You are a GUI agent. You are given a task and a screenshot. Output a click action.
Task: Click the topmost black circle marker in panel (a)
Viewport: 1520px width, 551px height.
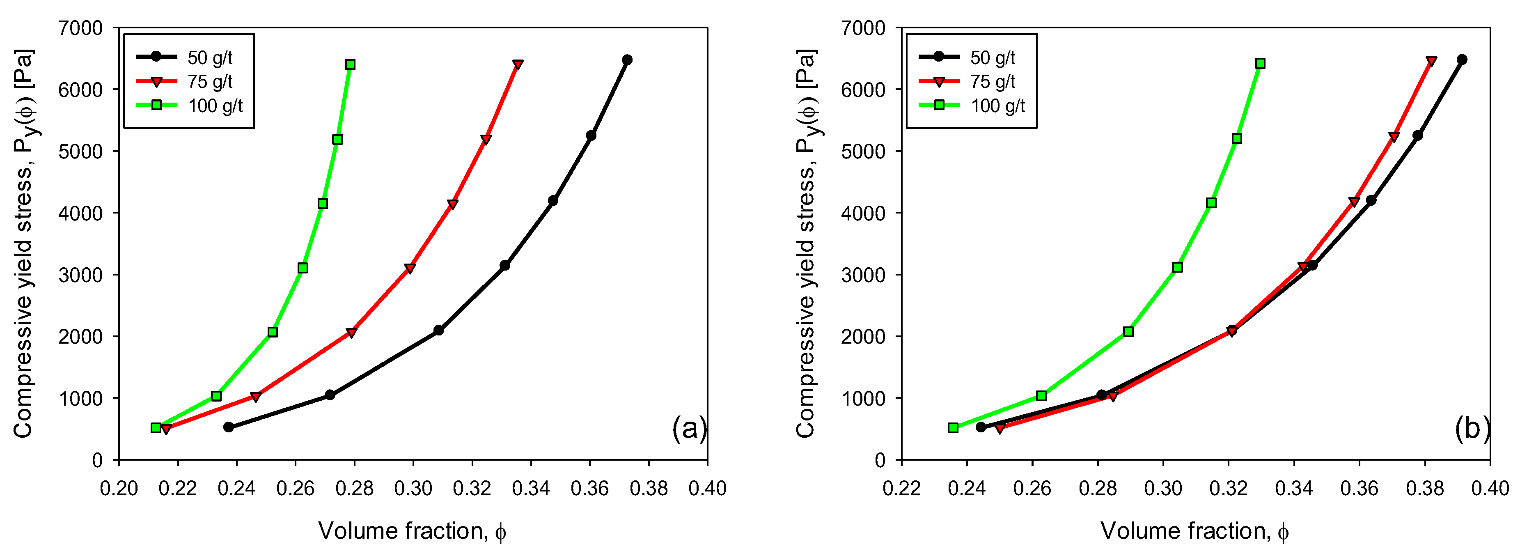(627, 60)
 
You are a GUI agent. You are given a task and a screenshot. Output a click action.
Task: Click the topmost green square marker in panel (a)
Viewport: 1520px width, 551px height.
(350, 64)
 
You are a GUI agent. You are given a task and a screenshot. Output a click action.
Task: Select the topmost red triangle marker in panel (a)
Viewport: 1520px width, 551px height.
(518, 64)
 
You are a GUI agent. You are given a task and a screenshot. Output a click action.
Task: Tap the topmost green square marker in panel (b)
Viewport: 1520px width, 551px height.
(1260, 63)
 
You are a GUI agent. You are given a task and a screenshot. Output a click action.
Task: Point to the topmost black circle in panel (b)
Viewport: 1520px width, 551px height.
(1462, 60)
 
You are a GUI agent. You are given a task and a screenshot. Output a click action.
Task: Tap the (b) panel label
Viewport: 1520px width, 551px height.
(1472, 428)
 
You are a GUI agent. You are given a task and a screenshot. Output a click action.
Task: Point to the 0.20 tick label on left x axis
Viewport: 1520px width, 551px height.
(119, 489)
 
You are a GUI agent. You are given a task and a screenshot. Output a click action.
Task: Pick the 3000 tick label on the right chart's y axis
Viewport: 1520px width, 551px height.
(863, 275)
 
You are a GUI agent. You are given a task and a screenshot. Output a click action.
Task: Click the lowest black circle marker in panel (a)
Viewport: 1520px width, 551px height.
(228, 427)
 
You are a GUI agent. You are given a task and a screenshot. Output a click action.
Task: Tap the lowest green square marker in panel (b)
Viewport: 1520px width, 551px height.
(953, 428)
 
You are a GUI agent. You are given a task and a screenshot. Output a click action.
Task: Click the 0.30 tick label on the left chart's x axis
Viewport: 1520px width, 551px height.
(413, 489)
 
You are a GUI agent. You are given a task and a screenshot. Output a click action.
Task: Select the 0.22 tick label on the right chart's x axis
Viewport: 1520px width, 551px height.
(901, 489)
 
